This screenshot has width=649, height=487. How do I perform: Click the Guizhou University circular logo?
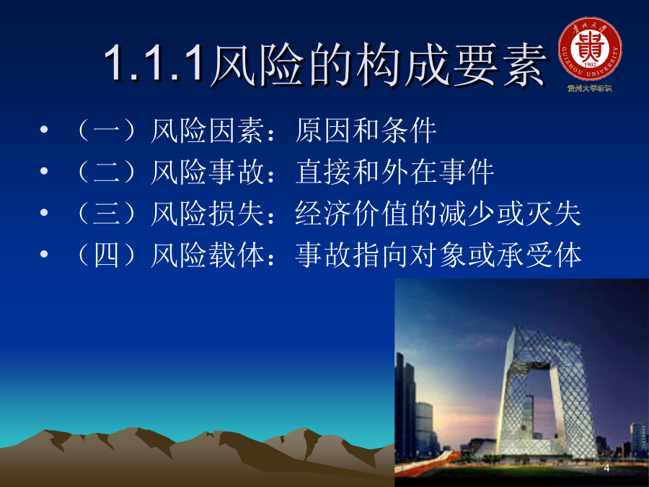click(x=590, y=49)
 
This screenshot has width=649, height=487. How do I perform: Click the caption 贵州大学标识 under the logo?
click(x=589, y=88)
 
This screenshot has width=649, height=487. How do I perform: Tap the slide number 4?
click(x=606, y=468)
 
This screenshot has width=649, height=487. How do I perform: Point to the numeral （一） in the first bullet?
click(x=107, y=131)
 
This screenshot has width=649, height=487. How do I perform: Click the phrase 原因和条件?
click(x=366, y=131)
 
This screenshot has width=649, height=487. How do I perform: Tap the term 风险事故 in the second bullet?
click(x=207, y=172)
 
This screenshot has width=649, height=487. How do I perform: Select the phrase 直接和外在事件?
click(x=395, y=172)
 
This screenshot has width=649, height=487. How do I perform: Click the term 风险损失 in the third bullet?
click(x=207, y=214)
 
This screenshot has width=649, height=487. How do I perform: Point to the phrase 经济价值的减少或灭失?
click(x=438, y=214)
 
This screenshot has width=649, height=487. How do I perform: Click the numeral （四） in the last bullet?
click(x=107, y=255)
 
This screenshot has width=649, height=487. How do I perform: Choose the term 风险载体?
click(x=207, y=255)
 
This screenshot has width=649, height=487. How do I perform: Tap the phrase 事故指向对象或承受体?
click(x=438, y=255)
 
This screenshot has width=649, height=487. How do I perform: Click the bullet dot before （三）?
click(x=44, y=213)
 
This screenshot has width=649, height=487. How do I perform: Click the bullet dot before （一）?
click(x=44, y=130)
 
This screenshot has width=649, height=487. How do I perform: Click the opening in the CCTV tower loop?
click(x=538, y=404)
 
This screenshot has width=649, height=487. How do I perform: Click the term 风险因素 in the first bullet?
click(x=207, y=131)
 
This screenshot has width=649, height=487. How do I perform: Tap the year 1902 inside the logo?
click(x=590, y=65)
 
